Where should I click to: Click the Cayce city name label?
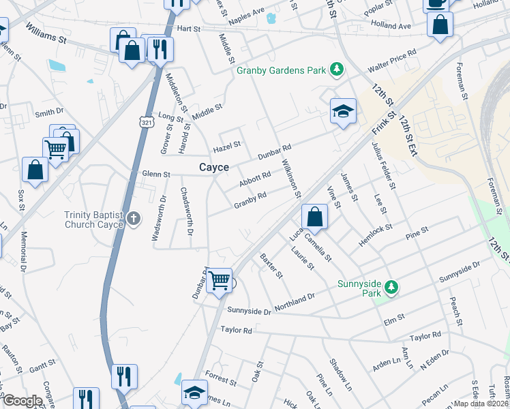click(213, 168)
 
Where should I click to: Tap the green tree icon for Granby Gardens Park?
click(336, 70)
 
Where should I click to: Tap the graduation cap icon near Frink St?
click(343, 111)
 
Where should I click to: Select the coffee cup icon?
click(436, 3)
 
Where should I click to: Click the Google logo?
click(22, 401)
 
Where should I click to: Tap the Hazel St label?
click(227, 145)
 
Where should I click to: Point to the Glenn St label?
click(156, 175)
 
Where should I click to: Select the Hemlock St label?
click(374, 231)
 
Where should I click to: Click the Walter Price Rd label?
click(392, 61)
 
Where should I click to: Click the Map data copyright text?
click(481, 404)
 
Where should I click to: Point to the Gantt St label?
click(42, 367)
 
